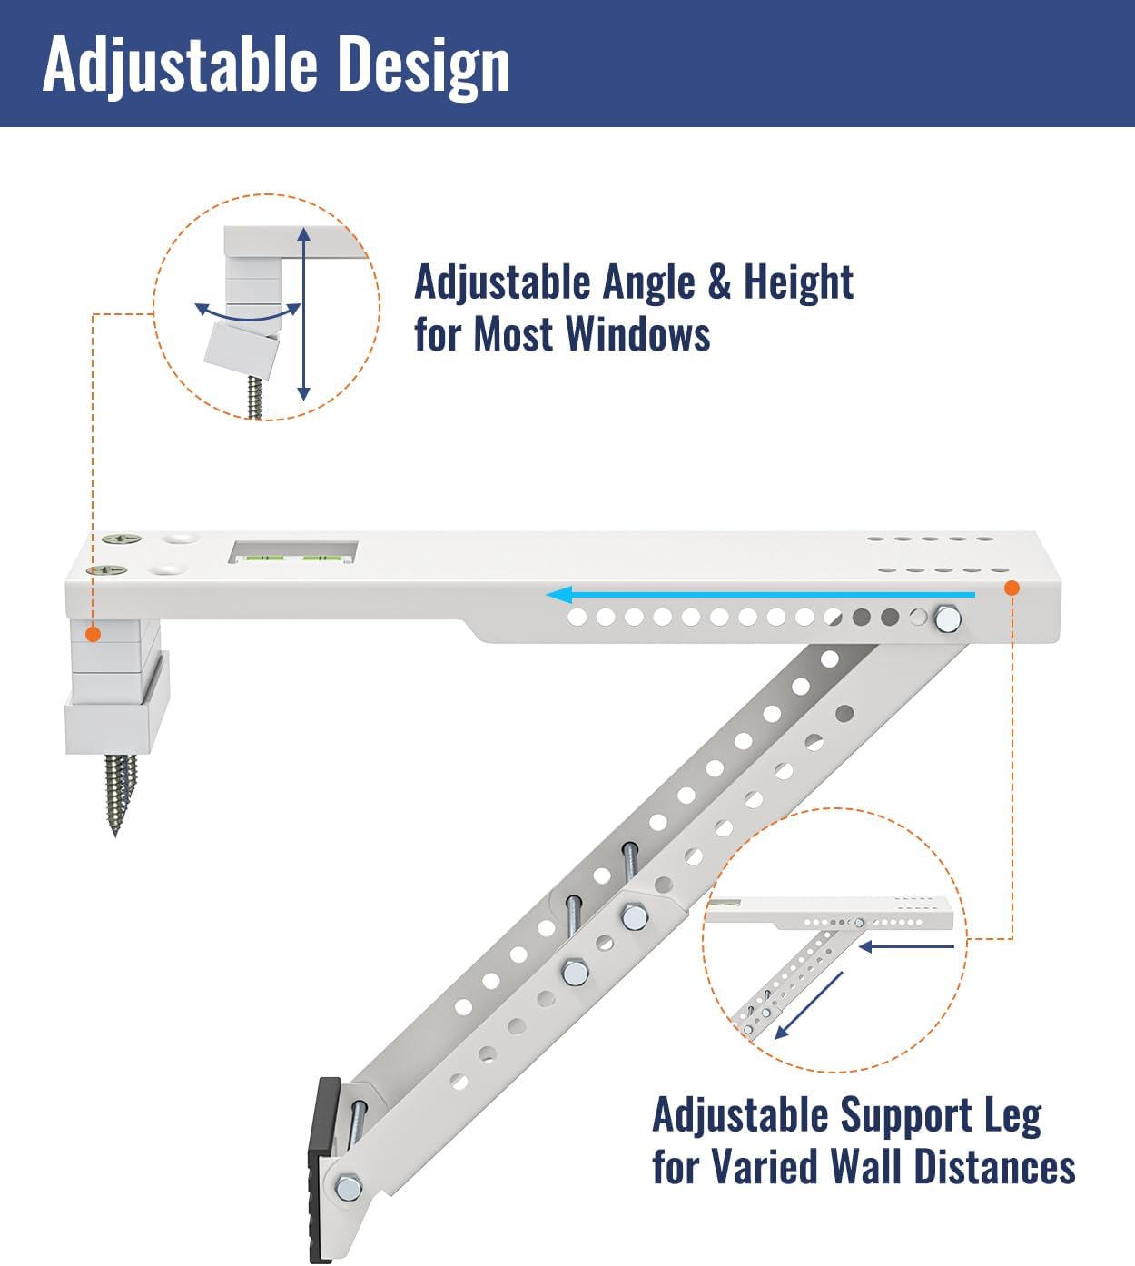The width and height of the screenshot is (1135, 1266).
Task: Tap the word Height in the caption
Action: click(798, 282)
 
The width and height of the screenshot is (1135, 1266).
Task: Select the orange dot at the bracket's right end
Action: click(1012, 588)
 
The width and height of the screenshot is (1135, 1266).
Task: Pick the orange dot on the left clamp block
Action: click(93, 634)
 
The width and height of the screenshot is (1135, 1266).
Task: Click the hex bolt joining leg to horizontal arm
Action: click(946, 618)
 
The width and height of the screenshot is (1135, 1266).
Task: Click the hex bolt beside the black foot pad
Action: click(348, 1187)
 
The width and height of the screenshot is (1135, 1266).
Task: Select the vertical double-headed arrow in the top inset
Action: click(303, 314)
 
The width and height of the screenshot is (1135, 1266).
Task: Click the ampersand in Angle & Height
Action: click(718, 282)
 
